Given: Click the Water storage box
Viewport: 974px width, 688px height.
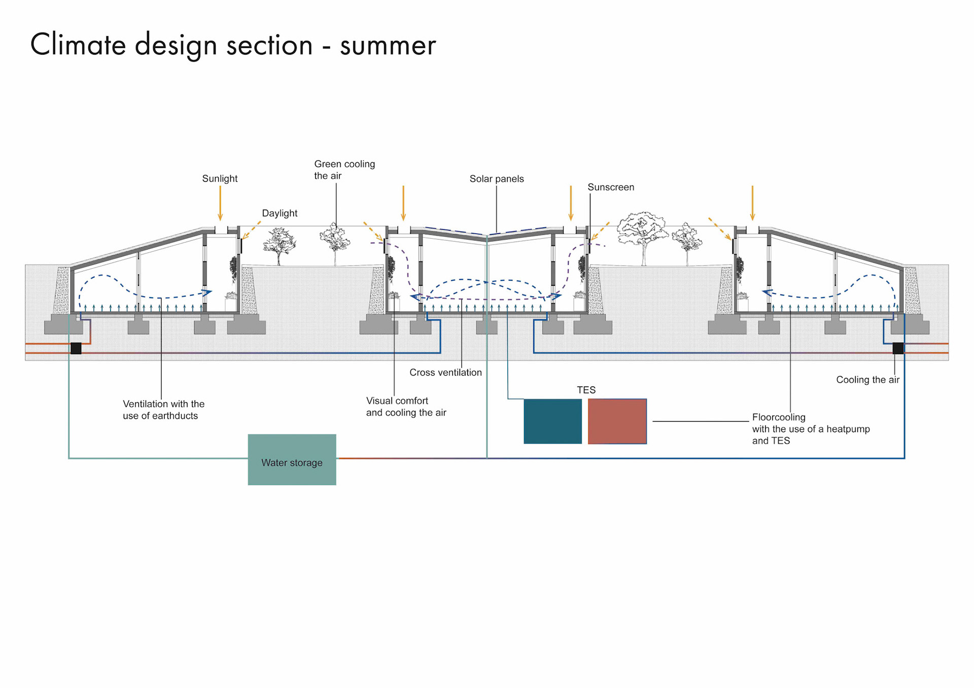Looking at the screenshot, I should (x=292, y=459).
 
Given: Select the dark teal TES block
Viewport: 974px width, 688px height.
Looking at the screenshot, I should (x=552, y=421).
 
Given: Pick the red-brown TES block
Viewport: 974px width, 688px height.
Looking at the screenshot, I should (x=617, y=421).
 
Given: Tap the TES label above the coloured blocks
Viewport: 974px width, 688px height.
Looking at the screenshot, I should (x=586, y=390).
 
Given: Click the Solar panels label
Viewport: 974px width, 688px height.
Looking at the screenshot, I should (x=496, y=178).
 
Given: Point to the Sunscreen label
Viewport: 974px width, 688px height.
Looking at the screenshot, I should (x=611, y=187).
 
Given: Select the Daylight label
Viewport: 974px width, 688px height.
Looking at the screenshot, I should (x=280, y=213).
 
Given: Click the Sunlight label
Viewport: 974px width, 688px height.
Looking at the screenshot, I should (x=220, y=178).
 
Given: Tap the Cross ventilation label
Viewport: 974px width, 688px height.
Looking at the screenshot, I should (x=445, y=372).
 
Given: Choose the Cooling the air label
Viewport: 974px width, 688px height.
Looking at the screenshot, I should (x=867, y=380).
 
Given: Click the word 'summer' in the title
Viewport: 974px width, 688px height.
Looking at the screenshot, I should (x=388, y=46).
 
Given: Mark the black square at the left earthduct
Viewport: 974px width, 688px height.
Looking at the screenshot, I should (x=76, y=348).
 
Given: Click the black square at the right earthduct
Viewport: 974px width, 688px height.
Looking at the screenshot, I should (x=898, y=348).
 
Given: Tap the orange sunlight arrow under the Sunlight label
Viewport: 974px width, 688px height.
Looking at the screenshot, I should (x=220, y=203).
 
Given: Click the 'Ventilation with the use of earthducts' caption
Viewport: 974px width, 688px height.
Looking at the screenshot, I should (x=163, y=410).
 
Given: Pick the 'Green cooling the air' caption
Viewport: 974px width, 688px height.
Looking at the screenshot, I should (x=344, y=170).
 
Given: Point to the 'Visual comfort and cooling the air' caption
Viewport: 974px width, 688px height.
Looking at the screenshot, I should (x=406, y=407).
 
